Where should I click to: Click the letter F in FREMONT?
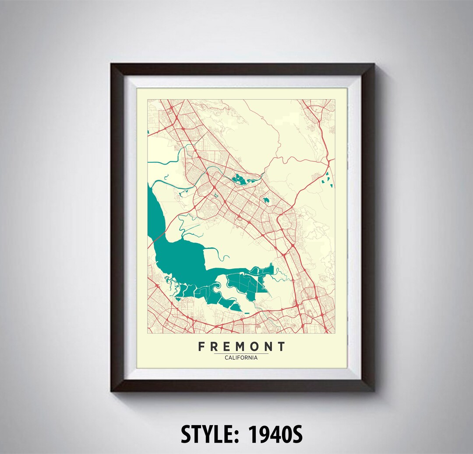pos(202,347)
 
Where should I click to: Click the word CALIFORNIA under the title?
pos(241,357)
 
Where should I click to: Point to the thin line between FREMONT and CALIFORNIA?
pos(241,353)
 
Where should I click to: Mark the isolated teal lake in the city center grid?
pos(266,200)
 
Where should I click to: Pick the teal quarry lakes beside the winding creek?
pos(240,179)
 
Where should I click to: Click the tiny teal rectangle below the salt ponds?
pos(247,313)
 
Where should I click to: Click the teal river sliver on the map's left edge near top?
pos(148,131)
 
